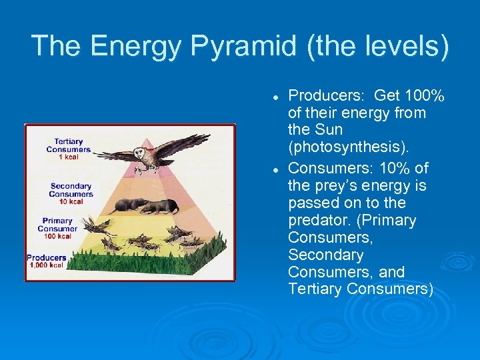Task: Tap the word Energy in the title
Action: tap(135, 46)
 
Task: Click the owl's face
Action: tap(139, 155)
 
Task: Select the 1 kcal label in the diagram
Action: tap(68, 157)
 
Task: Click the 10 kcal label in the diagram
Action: tap(70, 201)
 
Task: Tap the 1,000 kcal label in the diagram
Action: tap(46, 265)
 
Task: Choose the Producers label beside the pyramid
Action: tap(47, 257)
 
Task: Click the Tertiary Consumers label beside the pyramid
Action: tap(69, 145)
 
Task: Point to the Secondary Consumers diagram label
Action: tap(71, 190)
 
